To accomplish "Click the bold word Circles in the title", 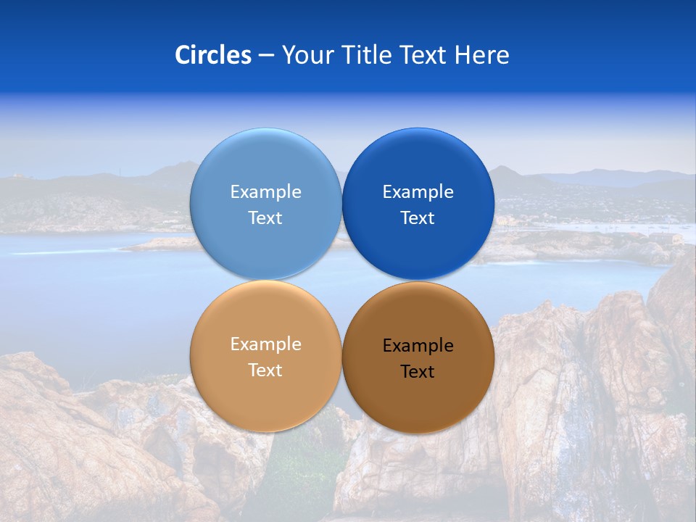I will pyautogui.click(x=212, y=55).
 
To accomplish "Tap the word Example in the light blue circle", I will pyautogui.click(x=265, y=192).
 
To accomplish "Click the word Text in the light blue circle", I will pyautogui.click(x=265, y=218).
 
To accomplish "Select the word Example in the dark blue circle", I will pyautogui.click(x=418, y=192).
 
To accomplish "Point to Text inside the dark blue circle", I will pyautogui.click(x=418, y=218).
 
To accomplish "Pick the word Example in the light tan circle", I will pyautogui.click(x=265, y=344).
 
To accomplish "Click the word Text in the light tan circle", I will pyautogui.click(x=265, y=370).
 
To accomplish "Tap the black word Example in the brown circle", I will pyautogui.click(x=418, y=346).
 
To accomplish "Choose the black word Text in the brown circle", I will pyautogui.click(x=418, y=372).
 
